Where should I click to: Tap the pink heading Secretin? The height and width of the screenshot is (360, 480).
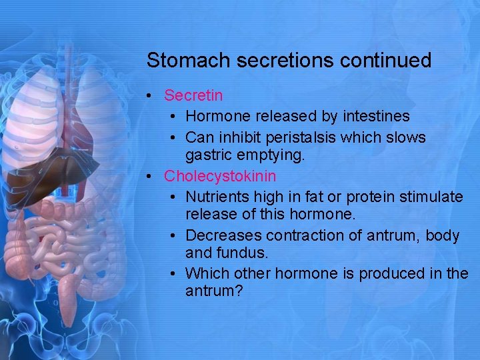click(x=193, y=97)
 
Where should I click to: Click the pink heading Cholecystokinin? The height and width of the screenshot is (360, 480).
click(x=220, y=177)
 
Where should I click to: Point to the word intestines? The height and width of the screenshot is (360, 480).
click(x=376, y=117)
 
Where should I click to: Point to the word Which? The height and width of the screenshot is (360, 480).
click(x=204, y=273)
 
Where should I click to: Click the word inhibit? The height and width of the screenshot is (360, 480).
click(x=235, y=137)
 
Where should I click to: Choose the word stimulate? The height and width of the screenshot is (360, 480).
click(x=433, y=197)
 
